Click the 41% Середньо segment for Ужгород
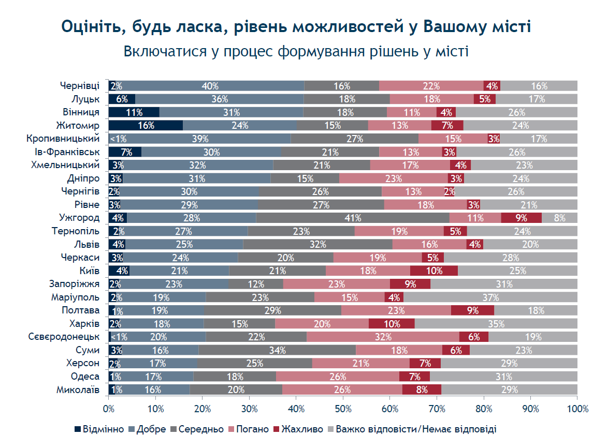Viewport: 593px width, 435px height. point(353,218)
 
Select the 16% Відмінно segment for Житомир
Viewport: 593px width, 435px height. point(146,125)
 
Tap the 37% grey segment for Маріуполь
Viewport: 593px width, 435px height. point(490,297)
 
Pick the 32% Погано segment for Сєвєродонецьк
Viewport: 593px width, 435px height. point(383,337)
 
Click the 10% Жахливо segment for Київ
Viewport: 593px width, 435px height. point(434,271)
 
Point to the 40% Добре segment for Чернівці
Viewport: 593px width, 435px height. point(210,86)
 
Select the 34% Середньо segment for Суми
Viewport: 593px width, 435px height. point(277,350)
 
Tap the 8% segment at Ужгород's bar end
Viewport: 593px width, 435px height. point(560,218)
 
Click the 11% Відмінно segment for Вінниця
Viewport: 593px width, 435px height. point(134,112)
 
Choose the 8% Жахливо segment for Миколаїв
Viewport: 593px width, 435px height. point(422,389)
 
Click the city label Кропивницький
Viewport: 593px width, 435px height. point(63,139)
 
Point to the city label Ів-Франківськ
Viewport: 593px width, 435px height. point(67,152)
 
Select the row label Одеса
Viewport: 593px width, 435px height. point(85,377)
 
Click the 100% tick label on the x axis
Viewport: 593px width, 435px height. point(578,409)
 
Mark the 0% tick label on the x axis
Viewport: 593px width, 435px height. point(109,409)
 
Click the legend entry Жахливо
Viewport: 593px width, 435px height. point(298,429)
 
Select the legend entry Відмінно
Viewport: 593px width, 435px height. point(99,429)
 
